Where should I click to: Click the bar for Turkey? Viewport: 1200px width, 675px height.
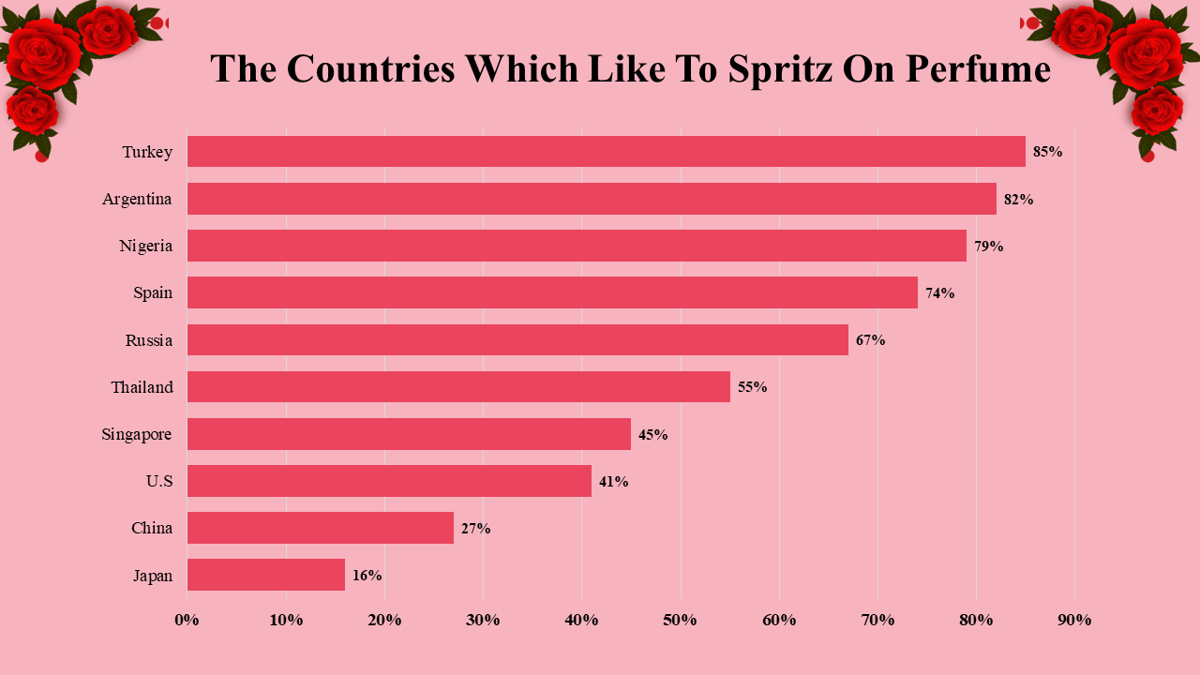pyautogui.click(x=606, y=152)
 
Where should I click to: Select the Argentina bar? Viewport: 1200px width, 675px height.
pyautogui.click(x=591, y=199)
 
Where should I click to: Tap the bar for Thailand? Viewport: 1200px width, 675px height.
pyautogui.click(x=458, y=386)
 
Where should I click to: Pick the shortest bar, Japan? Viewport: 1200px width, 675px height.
pyautogui.click(x=266, y=575)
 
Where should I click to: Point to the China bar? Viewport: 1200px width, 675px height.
pyautogui.click(x=321, y=528)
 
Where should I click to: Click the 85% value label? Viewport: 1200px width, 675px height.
pyautogui.click(x=1047, y=152)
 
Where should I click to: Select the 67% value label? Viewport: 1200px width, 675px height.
pyautogui.click(x=870, y=339)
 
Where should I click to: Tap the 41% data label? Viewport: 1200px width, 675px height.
pyautogui.click(x=613, y=481)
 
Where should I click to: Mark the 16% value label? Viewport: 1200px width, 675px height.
pyautogui.click(x=367, y=575)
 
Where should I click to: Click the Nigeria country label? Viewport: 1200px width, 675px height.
pyautogui.click(x=146, y=246)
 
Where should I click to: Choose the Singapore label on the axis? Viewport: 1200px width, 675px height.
pyautogui.click(x=137, y=434)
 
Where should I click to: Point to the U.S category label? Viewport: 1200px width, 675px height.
pyautogui.click(x=159, y=481)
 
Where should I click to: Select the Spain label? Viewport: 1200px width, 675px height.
pyautogui.click(x=153, y=292)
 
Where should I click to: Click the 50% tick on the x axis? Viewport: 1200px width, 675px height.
pyautogui.click(x=680, y=620)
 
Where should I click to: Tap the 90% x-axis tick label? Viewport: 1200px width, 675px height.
pyautogui.click(x=1074, y=620)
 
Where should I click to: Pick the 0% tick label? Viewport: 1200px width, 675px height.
pyautogui.click(x=187, y=620)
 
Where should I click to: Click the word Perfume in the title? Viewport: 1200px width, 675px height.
pyautogui.click(x=978, y=68)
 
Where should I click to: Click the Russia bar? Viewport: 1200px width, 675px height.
pyautogui.click(x=517, y=339)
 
